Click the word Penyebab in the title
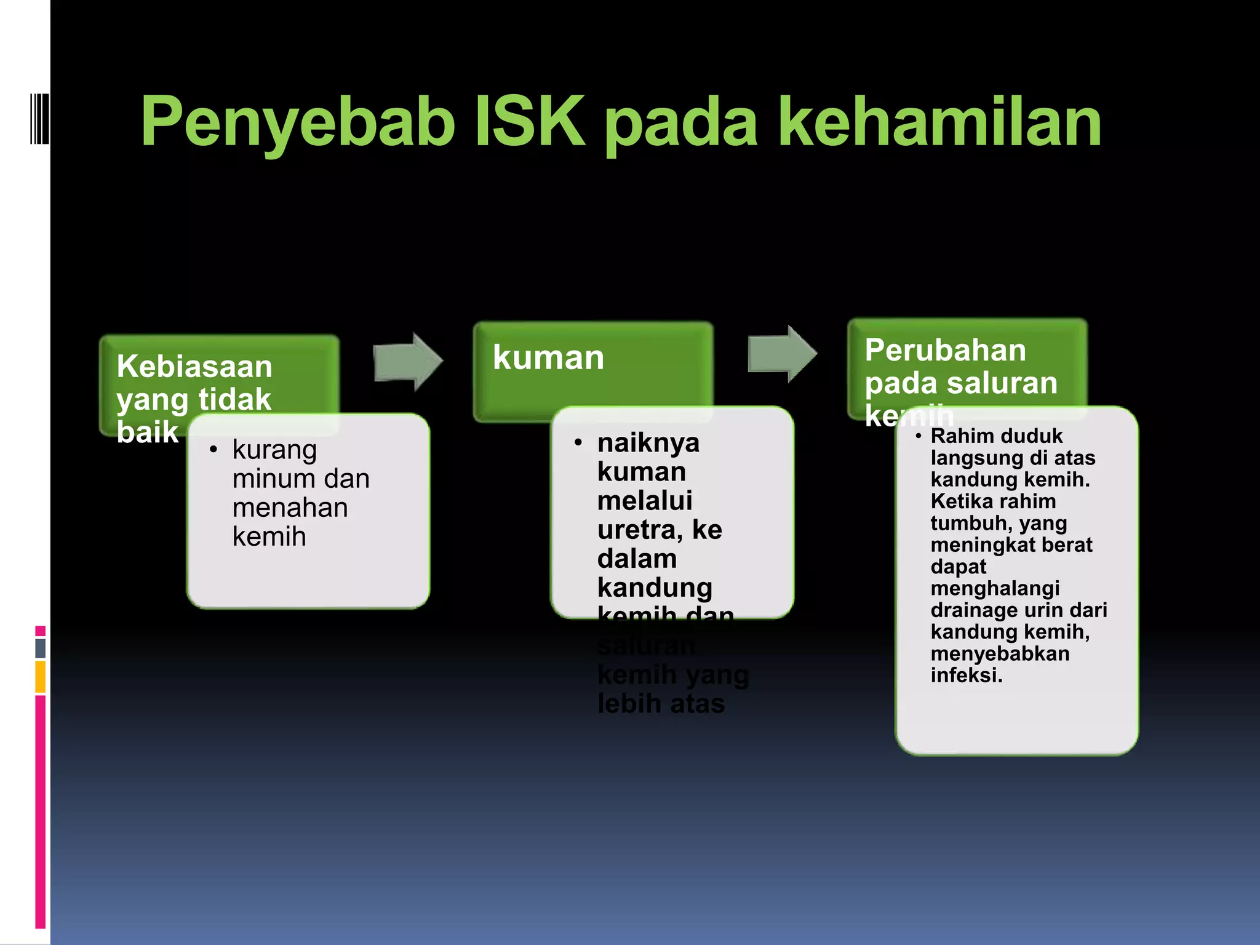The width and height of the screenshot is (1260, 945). pos(298,123)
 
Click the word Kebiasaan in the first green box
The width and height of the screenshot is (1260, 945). pos(194,367)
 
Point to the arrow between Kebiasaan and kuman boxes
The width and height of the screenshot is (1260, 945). pos(408,362)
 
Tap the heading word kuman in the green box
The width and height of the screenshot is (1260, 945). pos(548,357)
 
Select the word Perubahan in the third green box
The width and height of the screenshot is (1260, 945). pos(945,350)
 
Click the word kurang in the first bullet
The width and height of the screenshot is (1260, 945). pos(274,450)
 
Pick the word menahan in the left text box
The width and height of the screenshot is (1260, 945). pos(290,508)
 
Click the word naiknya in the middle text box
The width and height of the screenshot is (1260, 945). pos(648,442)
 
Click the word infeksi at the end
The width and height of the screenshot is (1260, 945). pos(966,675)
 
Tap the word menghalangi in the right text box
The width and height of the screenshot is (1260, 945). pos(995,588)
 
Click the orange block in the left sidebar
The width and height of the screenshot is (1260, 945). pos(41,677)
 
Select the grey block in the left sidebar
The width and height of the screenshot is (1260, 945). pos(41,648)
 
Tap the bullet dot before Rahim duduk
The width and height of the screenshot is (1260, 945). pos(918,436)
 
